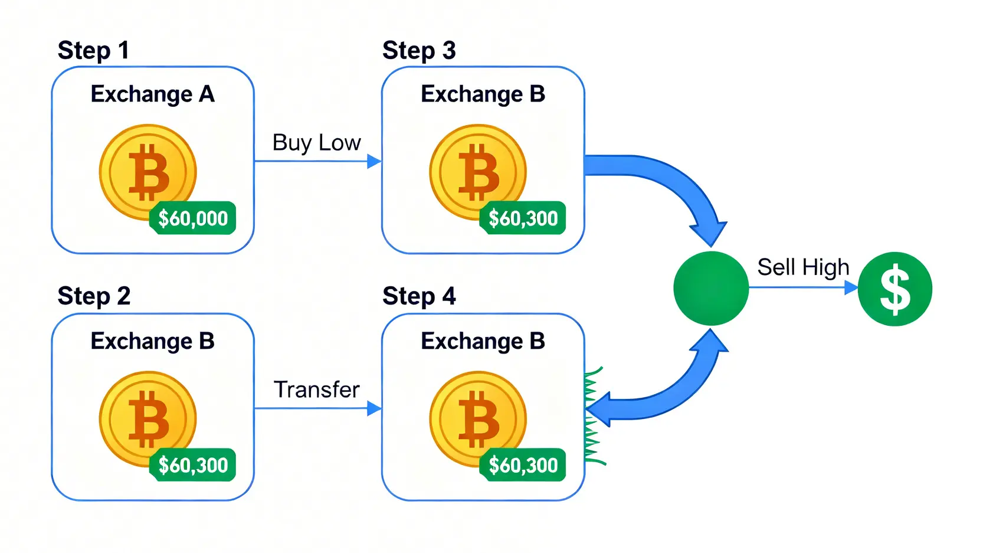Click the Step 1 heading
93,51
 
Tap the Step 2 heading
94,296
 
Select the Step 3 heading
419,51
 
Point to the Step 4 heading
419,296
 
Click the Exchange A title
152,94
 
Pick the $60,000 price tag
193,218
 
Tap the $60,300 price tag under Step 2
193,465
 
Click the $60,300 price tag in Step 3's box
523,218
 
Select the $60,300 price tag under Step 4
523,465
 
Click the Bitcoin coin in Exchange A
148,172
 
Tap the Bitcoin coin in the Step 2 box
148,419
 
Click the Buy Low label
316,143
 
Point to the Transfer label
316,390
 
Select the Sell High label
803,267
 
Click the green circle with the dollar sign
894,289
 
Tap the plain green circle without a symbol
711,289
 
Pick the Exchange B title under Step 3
483,94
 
